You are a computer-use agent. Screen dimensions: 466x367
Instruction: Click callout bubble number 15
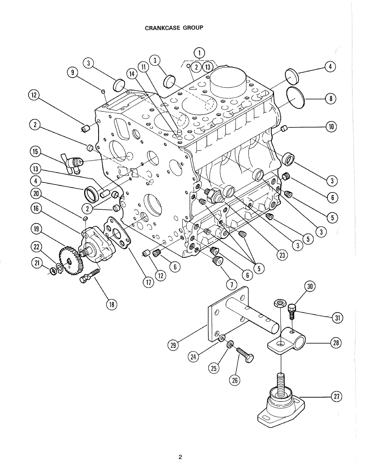[x=35, y=152]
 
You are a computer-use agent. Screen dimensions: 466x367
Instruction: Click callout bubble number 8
[x=331, y=98]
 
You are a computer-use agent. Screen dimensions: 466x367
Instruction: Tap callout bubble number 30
[x=310, y=287]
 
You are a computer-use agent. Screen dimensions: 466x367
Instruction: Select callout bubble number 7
[x=232, y=284]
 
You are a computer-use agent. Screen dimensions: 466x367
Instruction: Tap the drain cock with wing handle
[x=73, y=163]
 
